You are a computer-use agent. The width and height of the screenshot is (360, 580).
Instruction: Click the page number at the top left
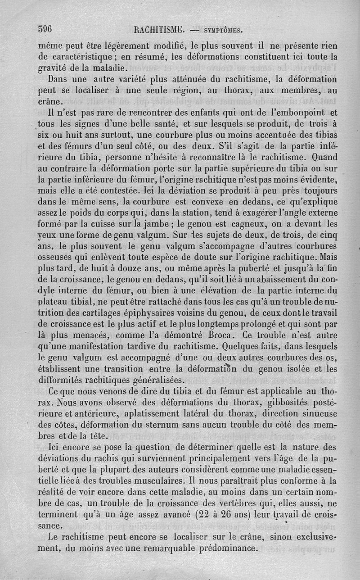[x=45, y=30]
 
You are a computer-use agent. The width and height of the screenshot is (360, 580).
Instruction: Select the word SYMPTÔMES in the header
[x=224, y=31]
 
